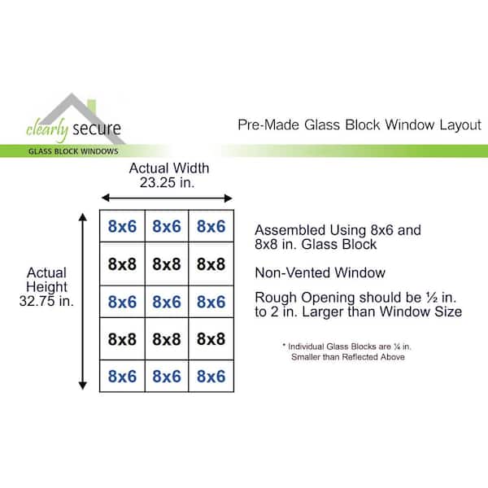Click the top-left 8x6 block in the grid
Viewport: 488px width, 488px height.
(122, 226)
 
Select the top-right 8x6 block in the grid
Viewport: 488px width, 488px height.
(211, 226)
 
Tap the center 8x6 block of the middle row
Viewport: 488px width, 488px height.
(167, 302)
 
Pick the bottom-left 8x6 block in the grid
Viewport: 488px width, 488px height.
(122, 376)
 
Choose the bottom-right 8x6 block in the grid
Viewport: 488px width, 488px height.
(211, 376)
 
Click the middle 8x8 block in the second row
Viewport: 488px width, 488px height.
(167, 264)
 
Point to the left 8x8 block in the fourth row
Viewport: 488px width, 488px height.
(122, 339)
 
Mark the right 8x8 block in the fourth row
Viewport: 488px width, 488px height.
(211, 339)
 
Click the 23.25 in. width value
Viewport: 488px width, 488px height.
(167, 183)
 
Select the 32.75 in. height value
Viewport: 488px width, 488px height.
(46, 301)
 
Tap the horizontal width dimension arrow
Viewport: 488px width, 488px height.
(167, 198)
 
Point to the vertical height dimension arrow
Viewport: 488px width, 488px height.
(82, 301)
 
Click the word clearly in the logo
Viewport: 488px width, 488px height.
(47, 129)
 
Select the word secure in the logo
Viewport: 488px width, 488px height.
(97, 129)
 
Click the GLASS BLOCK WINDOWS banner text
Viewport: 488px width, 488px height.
(73, 151)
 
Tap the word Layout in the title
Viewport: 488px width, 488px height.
(460, 125)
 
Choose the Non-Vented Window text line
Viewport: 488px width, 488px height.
(320, 272)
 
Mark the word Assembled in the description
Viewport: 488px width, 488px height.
(290, 230)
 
